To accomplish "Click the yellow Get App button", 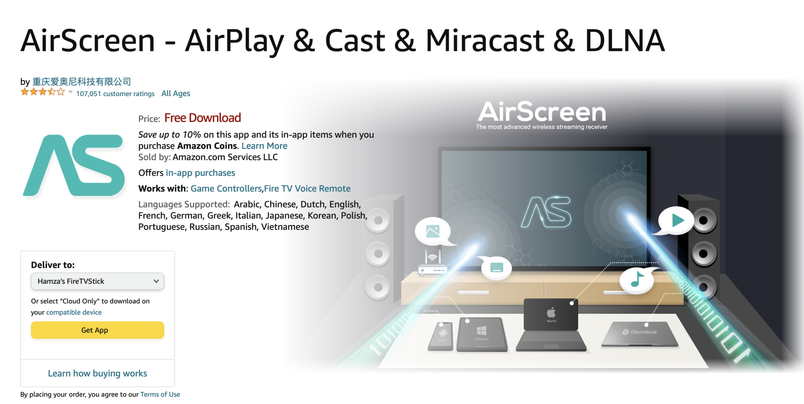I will [x=97, y=330].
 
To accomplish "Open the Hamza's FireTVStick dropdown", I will [x=97, y=281].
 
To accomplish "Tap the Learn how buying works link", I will [x=97, y=373].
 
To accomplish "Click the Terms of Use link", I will [x=160, y=395].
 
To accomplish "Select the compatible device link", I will [x=74, y=313].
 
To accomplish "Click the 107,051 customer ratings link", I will [x=115, y=94].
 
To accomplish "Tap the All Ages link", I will [x=175, y=93].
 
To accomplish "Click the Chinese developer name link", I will [x=82, y=82].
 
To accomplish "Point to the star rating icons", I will [x=42, y=92].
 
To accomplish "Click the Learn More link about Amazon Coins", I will [x=264, y=146].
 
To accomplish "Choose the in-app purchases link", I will [x=200, y=173].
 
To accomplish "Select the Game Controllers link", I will [x=226, y=189].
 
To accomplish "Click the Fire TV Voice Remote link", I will [x=307, y=189].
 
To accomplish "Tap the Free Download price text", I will [x=203, y=118].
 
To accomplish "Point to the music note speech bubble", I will [x=637, y=280].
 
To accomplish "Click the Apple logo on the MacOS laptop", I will [x=551, y=313].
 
